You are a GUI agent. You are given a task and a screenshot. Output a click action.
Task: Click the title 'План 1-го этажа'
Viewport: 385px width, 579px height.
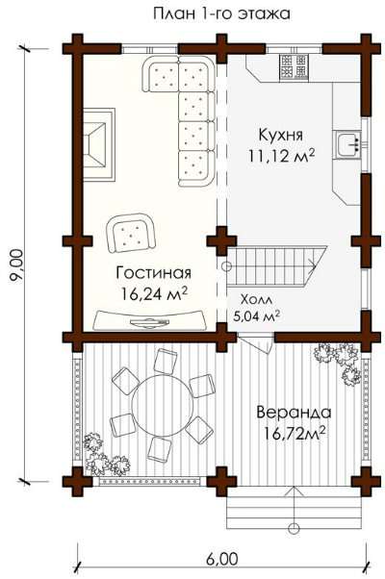coord(221,13)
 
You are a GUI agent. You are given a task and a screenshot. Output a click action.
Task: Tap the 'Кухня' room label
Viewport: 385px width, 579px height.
coord(281,135)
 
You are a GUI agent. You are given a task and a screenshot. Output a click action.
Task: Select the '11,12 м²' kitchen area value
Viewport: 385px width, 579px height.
coord(281,156)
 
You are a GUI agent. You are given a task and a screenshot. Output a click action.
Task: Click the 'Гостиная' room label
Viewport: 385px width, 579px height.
coord(154,273)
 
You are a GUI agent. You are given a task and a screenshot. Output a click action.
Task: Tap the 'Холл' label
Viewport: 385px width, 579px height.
coord(256,299)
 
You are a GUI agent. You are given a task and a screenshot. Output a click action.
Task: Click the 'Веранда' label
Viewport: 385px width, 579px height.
coord(294,412)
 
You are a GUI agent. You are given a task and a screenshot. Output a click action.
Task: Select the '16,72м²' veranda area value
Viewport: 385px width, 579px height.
coord(295,433)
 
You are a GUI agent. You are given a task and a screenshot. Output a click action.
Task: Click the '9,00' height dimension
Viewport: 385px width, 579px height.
coord(17,266)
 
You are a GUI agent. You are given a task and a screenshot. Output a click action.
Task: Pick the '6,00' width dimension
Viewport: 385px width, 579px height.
coord(222,559)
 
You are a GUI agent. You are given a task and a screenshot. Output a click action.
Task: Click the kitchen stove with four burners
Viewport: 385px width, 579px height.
coord(294,66)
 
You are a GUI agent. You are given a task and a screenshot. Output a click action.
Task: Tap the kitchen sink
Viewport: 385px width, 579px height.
coord(348,144)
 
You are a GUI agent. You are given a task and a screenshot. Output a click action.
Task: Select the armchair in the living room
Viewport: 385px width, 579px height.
coord(131,233)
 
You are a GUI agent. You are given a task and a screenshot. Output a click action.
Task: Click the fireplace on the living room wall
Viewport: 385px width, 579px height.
coord(99,144)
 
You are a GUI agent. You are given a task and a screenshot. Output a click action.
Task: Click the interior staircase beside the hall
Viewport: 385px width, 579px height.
coord(275,266)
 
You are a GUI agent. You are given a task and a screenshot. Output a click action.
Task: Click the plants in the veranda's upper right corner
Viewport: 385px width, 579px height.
coord(338,363)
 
